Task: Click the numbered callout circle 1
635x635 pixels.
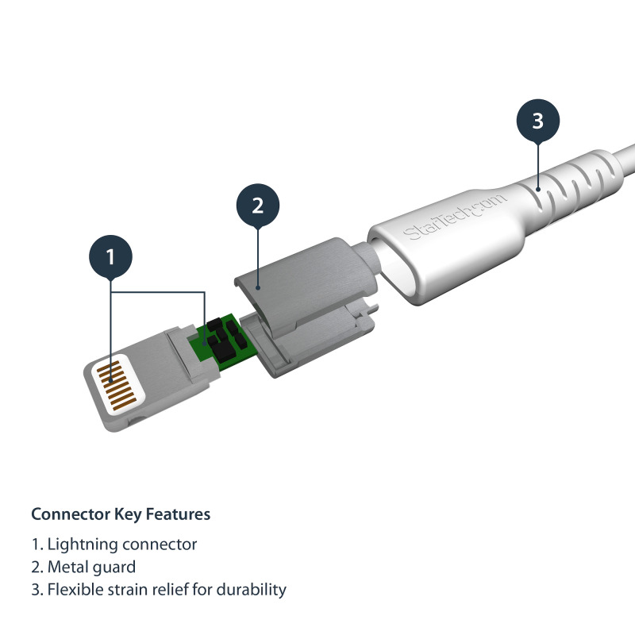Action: click(x=110, y=256)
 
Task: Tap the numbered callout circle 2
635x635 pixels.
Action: click(x=257, y=206)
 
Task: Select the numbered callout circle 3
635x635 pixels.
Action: click(x=537, y=121)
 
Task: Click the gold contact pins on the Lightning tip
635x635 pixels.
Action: click(x=116, y=387)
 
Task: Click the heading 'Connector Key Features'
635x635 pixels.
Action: click(x=121, y=514)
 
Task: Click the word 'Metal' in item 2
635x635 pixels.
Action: click(x=68, y=568)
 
